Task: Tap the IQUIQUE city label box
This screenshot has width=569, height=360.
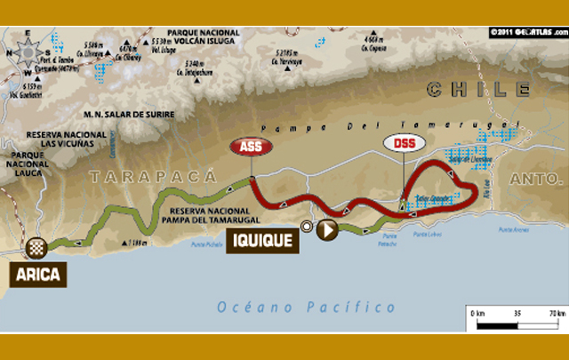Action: coord(260,239)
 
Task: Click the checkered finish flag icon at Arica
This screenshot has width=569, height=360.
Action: coord(36,247)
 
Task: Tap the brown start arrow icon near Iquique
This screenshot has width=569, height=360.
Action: coord(326,230)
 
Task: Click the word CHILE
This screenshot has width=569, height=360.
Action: coord(478,89)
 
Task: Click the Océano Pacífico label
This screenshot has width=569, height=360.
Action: coord(307,307)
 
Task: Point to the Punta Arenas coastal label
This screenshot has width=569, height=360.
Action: coord(513,229)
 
